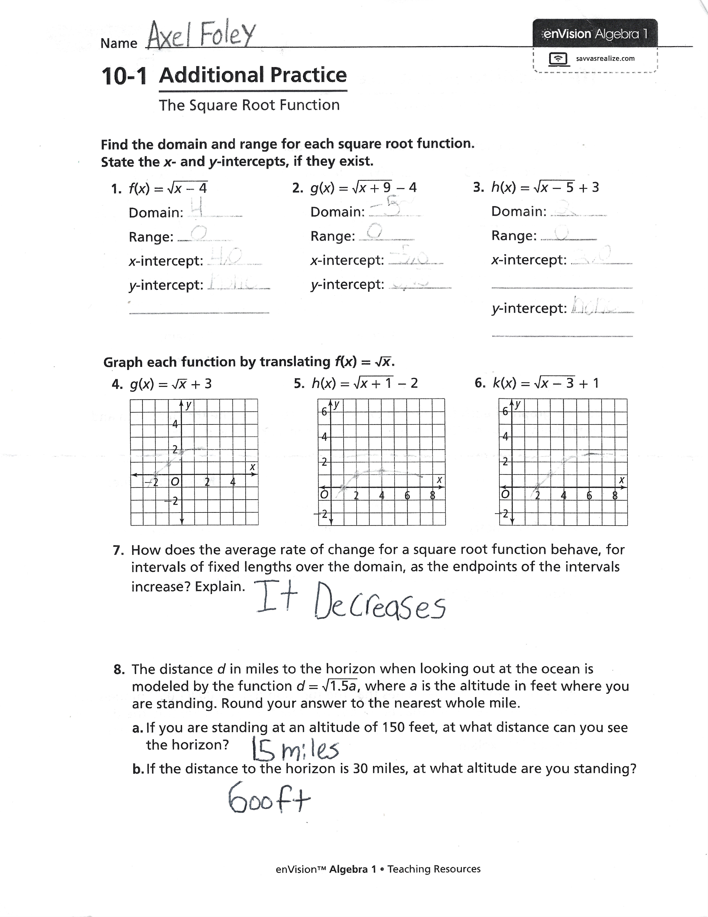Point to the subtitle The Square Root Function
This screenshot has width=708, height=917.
coord(249,105)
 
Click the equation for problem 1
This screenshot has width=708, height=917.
coord(168,188)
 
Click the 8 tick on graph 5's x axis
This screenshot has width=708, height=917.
coord(432,496)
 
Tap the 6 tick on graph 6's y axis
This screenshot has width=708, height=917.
coord(505,412)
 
